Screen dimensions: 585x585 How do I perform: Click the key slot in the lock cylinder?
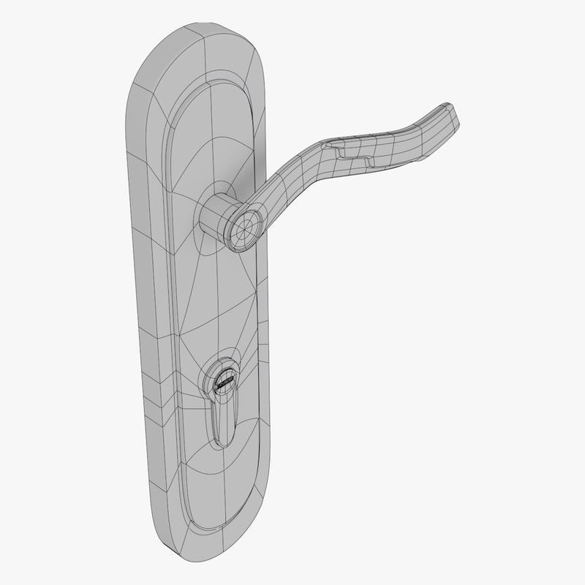tap(224, 381)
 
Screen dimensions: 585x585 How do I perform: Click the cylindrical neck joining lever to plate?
tap(216, 216)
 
